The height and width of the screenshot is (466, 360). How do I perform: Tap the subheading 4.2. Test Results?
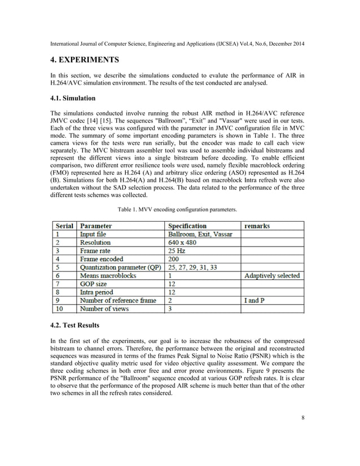click(x=75, y=326)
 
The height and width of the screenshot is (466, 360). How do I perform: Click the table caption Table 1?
click(x=177, y=209)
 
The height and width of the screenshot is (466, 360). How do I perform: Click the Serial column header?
click(x=64, y=226)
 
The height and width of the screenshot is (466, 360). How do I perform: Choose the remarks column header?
click(x=257, y=226)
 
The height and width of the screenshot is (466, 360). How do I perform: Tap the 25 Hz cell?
click(x=178, y=250)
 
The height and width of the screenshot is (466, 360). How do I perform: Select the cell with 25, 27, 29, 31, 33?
click(x=192, y=267)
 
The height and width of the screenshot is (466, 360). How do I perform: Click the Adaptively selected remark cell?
click(x=272, y=276)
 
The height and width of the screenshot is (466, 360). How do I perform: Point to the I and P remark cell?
click(x=254, y=301)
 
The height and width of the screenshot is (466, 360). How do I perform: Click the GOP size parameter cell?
click(x=96, y=284)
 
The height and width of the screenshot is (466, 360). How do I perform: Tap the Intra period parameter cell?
click(x=96, y=292)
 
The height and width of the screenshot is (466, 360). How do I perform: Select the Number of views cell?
click(x=104, y=309)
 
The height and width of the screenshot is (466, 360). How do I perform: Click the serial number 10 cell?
click(x=59, y=309)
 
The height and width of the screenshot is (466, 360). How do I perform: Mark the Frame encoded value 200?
click(x=174, y=259)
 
